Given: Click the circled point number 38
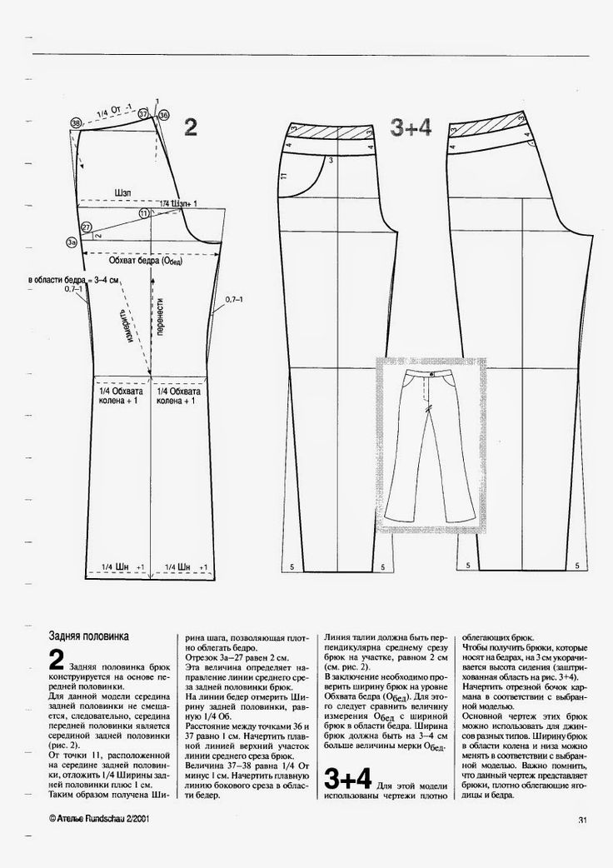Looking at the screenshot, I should coord(76,122).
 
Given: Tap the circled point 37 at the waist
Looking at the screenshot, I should coord(143,112).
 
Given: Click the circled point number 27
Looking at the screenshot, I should coord(86,227).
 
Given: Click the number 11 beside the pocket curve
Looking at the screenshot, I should coord(286,176).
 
